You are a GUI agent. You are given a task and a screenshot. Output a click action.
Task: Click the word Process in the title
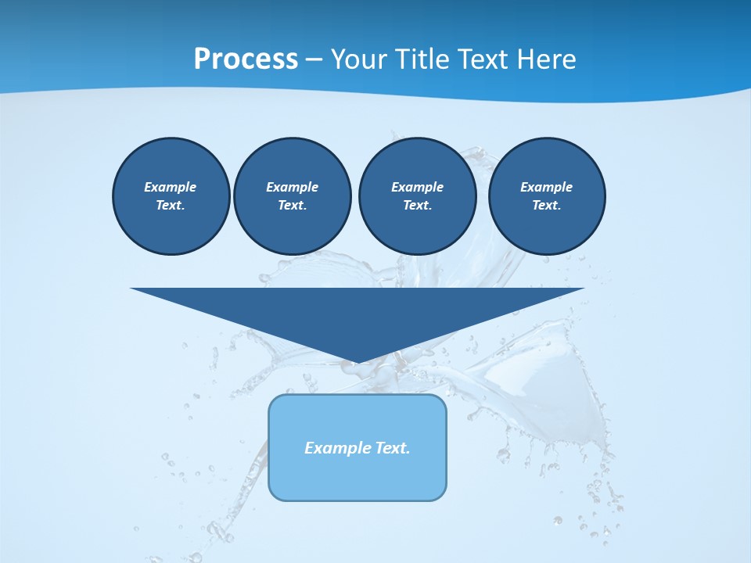point(246,59)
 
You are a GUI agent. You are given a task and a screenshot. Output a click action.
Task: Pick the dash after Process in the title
point(314,60)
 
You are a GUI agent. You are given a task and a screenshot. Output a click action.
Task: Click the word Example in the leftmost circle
point(171,187)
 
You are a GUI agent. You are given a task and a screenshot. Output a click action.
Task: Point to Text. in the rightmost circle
point(547,205)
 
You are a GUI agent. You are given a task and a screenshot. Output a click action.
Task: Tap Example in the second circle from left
point(292,187)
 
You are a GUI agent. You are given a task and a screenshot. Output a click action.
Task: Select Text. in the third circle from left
point(417,205)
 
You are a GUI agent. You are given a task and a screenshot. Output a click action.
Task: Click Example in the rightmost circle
point(547,187)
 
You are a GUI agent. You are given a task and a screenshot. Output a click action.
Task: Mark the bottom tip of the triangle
point(358,361)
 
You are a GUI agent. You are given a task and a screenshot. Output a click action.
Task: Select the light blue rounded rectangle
point(358,477)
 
